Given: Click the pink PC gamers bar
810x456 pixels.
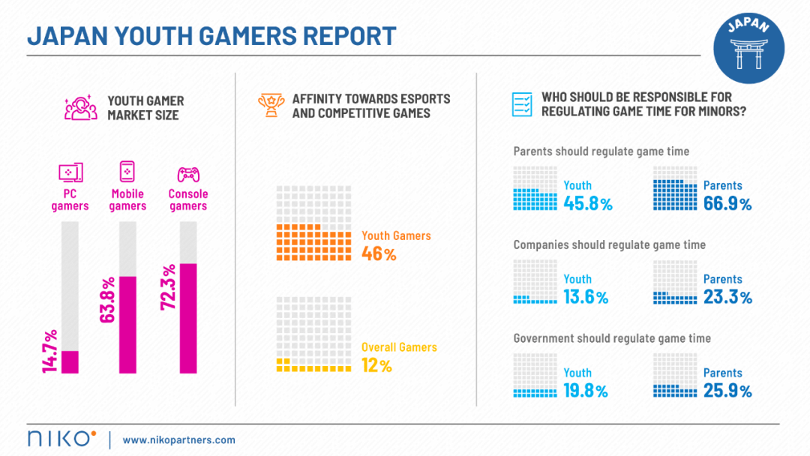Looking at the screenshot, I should click(x=70, y=361).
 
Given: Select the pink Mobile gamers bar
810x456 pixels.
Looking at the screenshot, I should click(x=127, y=325).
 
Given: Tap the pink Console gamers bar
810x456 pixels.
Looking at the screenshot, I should click(x=187, y=318).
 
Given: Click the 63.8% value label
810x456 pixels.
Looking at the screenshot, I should click(x=107, y=301).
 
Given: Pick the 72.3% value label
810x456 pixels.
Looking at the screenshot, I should click(x=167, y=289).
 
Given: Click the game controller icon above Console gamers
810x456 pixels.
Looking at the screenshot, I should click(x=187, y=174).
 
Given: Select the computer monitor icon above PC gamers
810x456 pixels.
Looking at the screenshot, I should click(x=70, y=173).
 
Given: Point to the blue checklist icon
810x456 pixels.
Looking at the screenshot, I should click(x=521, y=104).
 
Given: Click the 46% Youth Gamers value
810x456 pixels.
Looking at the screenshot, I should click(x=379, y=253).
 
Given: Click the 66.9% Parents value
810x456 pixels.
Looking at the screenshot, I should click(x=727, y=203).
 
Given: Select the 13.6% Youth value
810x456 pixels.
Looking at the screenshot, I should click(x=586, y=297).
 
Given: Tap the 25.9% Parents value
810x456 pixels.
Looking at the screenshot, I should click(x=727, y=391).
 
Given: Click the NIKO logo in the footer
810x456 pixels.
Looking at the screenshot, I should click(x=61, y=439).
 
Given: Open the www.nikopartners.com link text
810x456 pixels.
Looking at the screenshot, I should click(x=178, y=439).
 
